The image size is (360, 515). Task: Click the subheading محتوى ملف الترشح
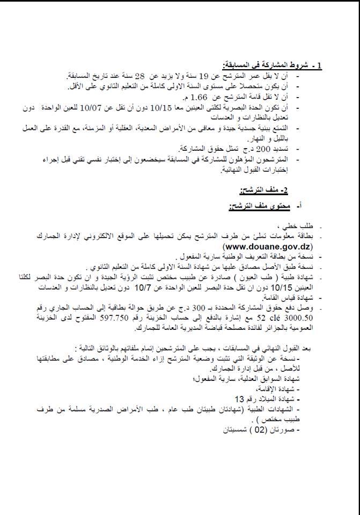pos(256,207)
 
